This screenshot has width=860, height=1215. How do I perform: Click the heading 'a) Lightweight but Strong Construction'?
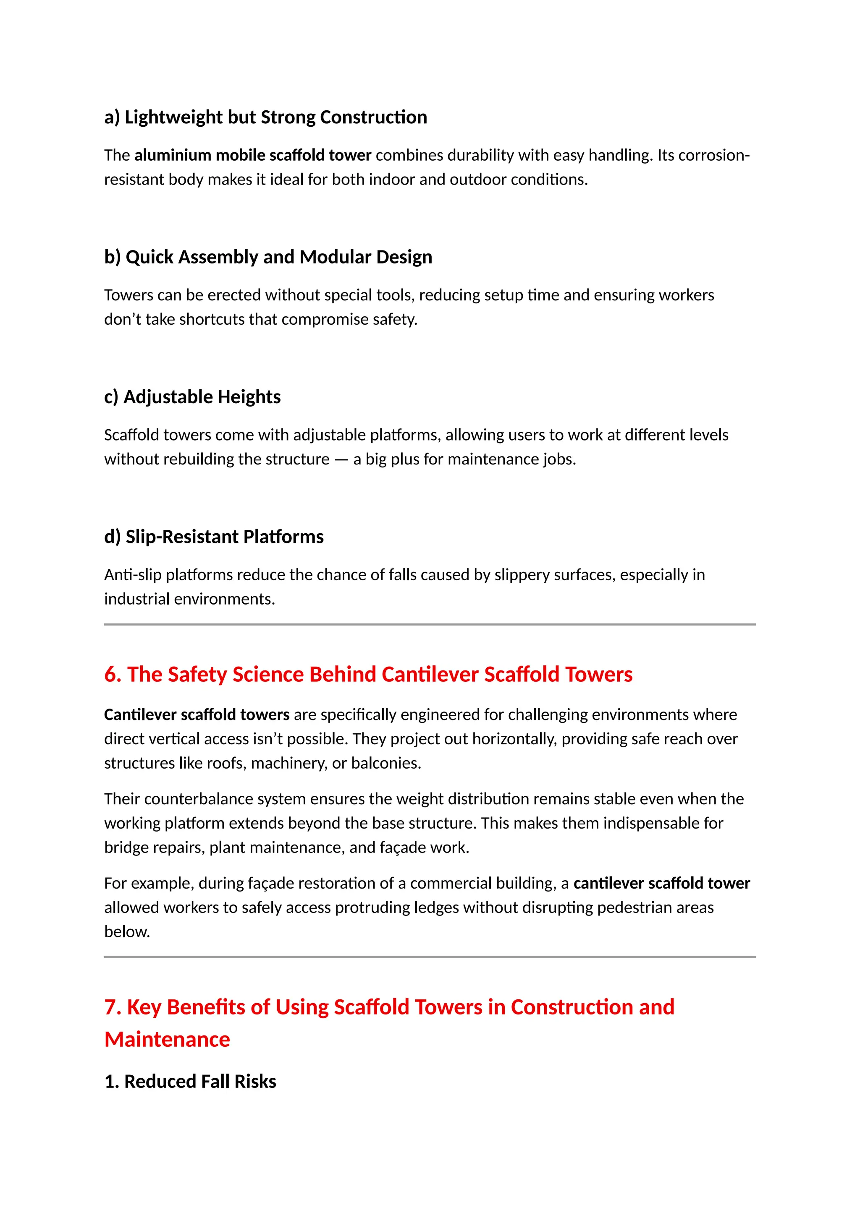[x=265, y=117]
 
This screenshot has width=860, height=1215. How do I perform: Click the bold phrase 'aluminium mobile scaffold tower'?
[x=253, y=155]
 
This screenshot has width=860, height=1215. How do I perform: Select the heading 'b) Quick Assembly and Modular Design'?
[x=268, y=257]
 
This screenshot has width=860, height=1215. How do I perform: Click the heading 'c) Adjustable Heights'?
[x=192, y=396]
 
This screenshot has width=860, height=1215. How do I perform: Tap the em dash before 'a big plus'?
[x=341, y=459]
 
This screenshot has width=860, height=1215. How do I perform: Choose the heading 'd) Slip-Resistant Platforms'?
[x=214, y=537]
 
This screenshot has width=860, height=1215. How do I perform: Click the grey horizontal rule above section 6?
[x=430, y=624]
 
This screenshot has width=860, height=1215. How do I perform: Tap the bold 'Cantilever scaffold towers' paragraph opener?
[x=197, y=714]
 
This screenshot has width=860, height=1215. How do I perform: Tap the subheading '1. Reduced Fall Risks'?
[x=190, y=1081]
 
